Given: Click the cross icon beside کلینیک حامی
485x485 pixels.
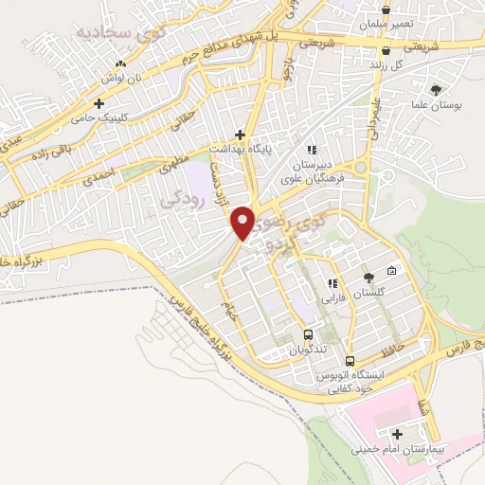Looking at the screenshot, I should pos(99,102).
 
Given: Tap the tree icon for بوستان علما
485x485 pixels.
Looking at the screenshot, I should pos(436,90).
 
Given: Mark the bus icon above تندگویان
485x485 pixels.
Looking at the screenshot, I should pos(308,334).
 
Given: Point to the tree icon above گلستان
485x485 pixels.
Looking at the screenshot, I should pos(368,278).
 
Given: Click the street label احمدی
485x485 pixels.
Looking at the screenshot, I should pos(99,176).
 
